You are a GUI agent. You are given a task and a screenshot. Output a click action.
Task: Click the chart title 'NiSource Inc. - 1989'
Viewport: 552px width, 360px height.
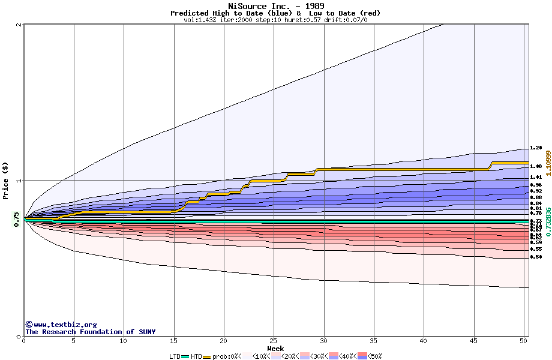[x=275, y=6]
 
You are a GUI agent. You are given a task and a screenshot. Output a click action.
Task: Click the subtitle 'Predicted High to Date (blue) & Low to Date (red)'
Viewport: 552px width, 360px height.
[x=275, y=13]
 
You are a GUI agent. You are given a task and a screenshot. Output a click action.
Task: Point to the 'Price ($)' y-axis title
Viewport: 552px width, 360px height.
[x=5, y=180]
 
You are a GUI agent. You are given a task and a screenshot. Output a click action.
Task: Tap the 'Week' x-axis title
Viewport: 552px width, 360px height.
[x=275, y=349]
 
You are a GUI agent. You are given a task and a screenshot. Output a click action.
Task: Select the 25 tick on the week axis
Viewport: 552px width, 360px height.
[x=274, y=341]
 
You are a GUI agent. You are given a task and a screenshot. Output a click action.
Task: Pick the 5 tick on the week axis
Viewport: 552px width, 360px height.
[x=74, y=341]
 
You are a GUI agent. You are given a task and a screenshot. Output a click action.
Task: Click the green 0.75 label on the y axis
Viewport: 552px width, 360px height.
[x=16, y=220]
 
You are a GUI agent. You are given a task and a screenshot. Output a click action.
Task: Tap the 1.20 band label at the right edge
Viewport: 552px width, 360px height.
[x=536, y=148]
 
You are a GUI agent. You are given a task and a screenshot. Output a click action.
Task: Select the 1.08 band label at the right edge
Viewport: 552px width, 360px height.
[x=536, y=166]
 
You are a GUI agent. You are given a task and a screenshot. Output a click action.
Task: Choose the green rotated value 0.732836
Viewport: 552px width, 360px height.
[x=548, y=220]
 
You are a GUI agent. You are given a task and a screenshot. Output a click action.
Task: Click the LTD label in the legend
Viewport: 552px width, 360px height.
[x=175, y=356]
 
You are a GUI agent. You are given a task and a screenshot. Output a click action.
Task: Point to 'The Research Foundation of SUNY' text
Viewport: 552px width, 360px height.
[x=90, y=332]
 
